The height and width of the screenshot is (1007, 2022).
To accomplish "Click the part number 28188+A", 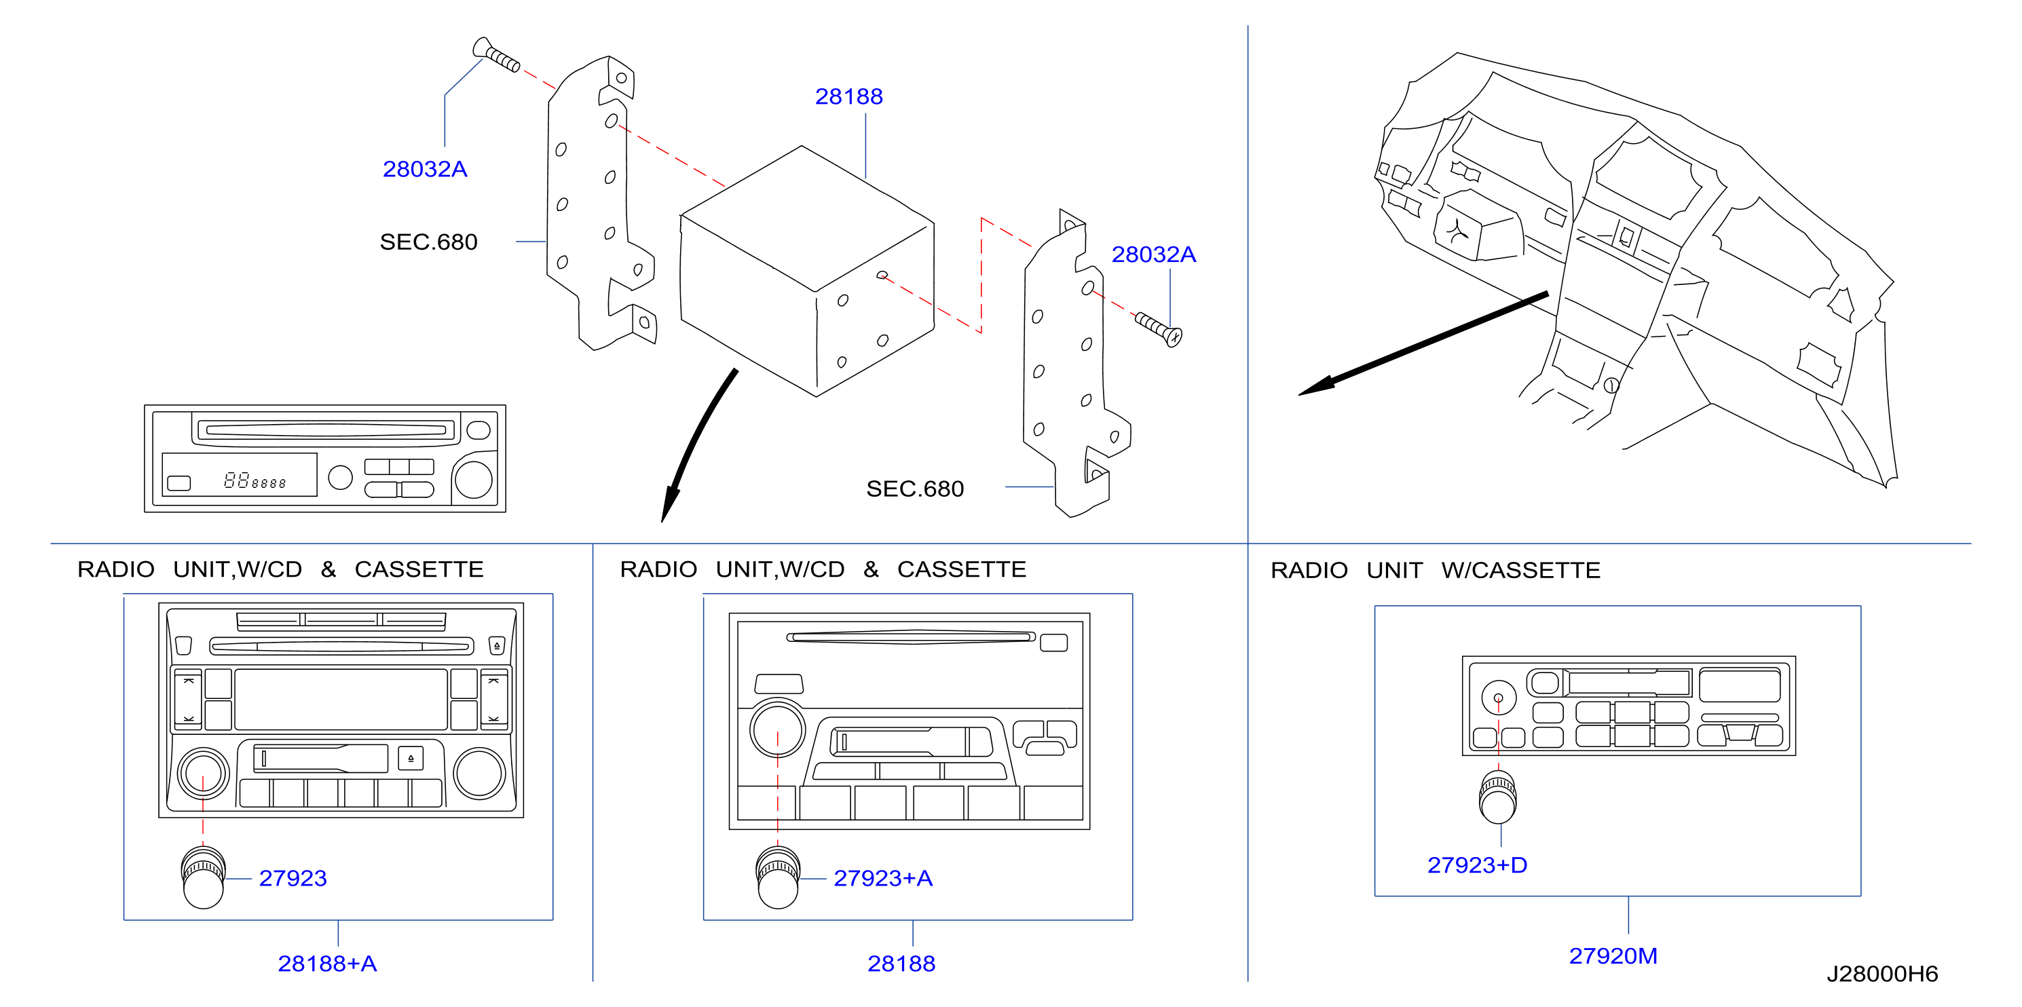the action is (327, 963).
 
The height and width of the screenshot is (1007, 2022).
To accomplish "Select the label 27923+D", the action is (1476, 865).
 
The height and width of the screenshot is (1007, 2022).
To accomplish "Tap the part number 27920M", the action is (1612, 956).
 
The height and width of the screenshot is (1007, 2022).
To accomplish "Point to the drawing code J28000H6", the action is (1881, 974).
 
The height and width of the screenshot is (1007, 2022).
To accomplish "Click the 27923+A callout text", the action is (883, 878).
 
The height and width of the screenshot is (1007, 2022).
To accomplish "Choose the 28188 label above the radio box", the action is (848, 96).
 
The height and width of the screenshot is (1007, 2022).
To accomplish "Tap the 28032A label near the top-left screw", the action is (425, 169).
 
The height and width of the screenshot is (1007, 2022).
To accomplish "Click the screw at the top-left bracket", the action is (496, 55).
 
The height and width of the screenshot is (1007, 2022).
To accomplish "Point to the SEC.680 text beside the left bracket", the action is (428, 242).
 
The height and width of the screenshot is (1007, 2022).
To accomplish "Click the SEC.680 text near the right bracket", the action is (914, 489).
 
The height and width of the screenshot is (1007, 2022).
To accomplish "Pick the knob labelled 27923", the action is (204, 877).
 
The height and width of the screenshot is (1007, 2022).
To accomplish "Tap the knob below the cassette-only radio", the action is (1497, 797).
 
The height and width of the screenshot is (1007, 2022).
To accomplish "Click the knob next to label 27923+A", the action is (778, 877).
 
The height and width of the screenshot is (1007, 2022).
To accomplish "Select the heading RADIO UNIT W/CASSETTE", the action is (1435, 570).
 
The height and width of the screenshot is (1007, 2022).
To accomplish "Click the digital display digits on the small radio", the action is (255, 480).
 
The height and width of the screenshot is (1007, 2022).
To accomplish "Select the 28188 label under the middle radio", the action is (901, 963).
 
